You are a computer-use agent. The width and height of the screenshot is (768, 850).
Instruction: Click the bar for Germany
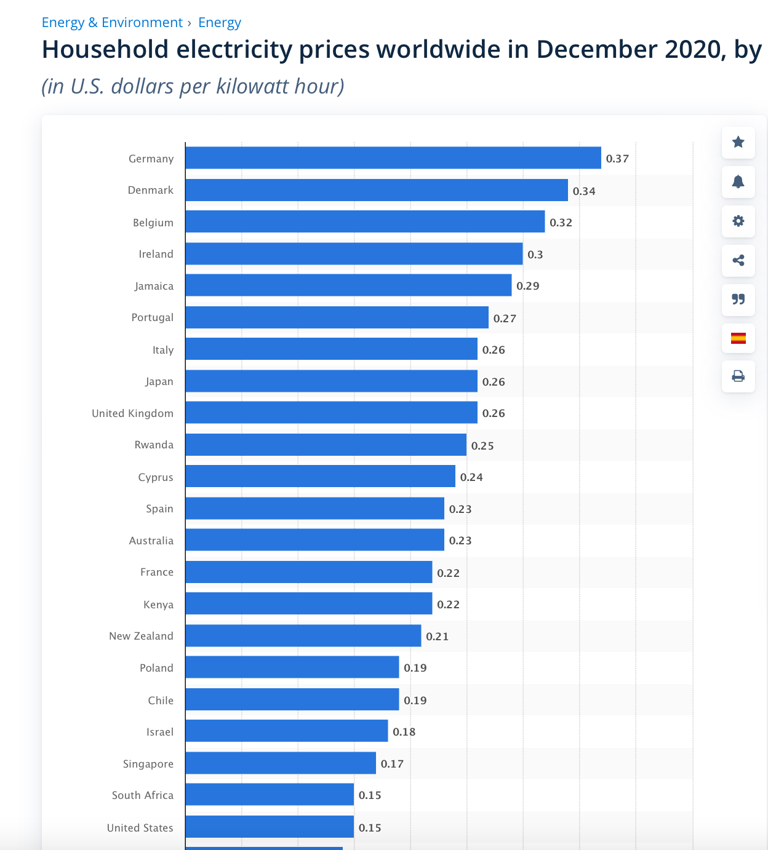click(x=393, y=158)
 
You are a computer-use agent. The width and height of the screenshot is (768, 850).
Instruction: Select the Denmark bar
click(x=376, y=190)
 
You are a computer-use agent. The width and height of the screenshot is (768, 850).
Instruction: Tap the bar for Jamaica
click(x=348, y=285)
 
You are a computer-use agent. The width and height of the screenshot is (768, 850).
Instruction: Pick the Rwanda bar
click(x=326, y=445)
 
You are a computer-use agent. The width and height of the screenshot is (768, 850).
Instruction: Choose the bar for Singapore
click(x=281, y=763)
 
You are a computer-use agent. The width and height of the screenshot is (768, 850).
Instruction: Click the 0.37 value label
click(x=617, y=159)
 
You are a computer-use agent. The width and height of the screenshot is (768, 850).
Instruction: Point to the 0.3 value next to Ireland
click(x=535, y=255)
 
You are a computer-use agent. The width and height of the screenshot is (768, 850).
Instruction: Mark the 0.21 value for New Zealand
click(x=437, y=637)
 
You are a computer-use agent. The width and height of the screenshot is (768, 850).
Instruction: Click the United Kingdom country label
click(x=132, y=413)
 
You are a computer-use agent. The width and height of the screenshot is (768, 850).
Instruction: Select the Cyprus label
click(x=156, y=477)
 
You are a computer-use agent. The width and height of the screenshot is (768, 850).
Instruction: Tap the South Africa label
click(x=143, y=795)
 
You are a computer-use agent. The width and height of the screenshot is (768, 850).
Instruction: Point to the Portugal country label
click(x=153, y=317)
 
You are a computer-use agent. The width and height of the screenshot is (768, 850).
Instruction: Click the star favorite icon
click(x=738, y=142)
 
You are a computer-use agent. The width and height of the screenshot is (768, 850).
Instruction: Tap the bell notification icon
click(x=738, y=181)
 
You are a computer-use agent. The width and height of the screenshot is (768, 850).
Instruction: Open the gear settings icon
click(x=738, y=221)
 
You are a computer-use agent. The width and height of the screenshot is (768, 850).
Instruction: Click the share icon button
click(x=738, y=260)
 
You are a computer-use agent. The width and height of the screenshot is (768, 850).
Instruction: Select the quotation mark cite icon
click(x=738, y=300)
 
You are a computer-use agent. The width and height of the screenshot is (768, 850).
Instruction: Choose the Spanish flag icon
click(x=738, y=338)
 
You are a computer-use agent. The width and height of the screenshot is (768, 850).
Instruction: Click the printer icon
click(x=738, y=376)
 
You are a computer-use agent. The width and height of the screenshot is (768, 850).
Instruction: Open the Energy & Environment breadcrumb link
click(x=112, y=23)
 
